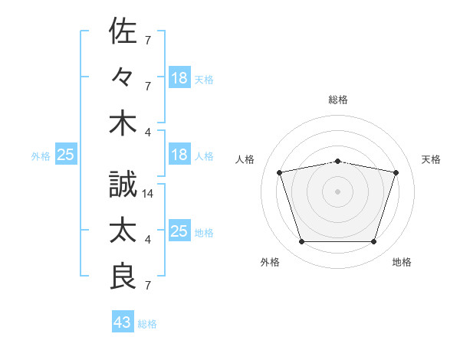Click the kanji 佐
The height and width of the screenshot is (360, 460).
point(123,31)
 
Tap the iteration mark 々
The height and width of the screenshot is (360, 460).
point(123,77)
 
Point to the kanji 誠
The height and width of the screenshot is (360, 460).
point(123,184)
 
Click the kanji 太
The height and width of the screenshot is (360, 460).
point(123,230)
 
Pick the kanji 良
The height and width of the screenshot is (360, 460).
point(123,277)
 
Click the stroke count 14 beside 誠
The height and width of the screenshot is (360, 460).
point(147,194)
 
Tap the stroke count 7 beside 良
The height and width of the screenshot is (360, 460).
point(148,285)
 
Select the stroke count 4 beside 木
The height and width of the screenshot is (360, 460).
point(148,133)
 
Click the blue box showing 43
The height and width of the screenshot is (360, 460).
point(123,321)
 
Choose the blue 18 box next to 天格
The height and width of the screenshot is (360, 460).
point(179,77)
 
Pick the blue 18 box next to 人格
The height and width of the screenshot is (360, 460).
point(179,154)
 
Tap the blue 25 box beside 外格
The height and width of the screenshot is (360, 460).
point(66,154)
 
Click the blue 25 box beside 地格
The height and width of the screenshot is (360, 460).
point(179,230)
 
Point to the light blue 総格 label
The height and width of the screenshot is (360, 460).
point(147,324)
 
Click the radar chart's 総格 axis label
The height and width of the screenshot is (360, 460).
point(338,100)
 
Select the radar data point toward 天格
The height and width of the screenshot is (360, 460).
point(396,172)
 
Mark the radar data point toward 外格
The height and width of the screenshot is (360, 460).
point(302,241)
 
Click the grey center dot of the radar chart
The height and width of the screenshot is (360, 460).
point(337,191)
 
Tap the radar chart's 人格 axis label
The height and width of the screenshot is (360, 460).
point(245,159)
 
